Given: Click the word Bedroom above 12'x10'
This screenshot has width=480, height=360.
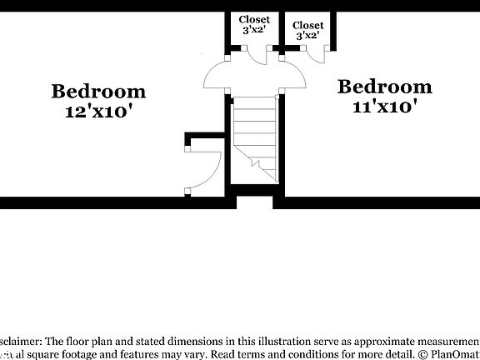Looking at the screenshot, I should (98, 91).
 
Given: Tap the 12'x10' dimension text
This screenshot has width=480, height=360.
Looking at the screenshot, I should (98, 111).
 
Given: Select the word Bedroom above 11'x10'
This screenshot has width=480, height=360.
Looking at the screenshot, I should (385, 87).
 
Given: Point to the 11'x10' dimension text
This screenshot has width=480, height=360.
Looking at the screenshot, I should (385, 107).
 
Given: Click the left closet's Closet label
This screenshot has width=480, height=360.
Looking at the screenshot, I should (254, 19).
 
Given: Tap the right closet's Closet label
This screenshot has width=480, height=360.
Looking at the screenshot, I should (308, 25).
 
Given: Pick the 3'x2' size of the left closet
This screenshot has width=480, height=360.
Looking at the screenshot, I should (254, 30).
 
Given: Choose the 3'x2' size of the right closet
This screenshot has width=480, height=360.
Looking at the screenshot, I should (308, 36).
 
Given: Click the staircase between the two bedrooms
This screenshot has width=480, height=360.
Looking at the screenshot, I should (255, 137).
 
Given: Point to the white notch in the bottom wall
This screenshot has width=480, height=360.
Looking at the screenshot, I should (254, 202).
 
